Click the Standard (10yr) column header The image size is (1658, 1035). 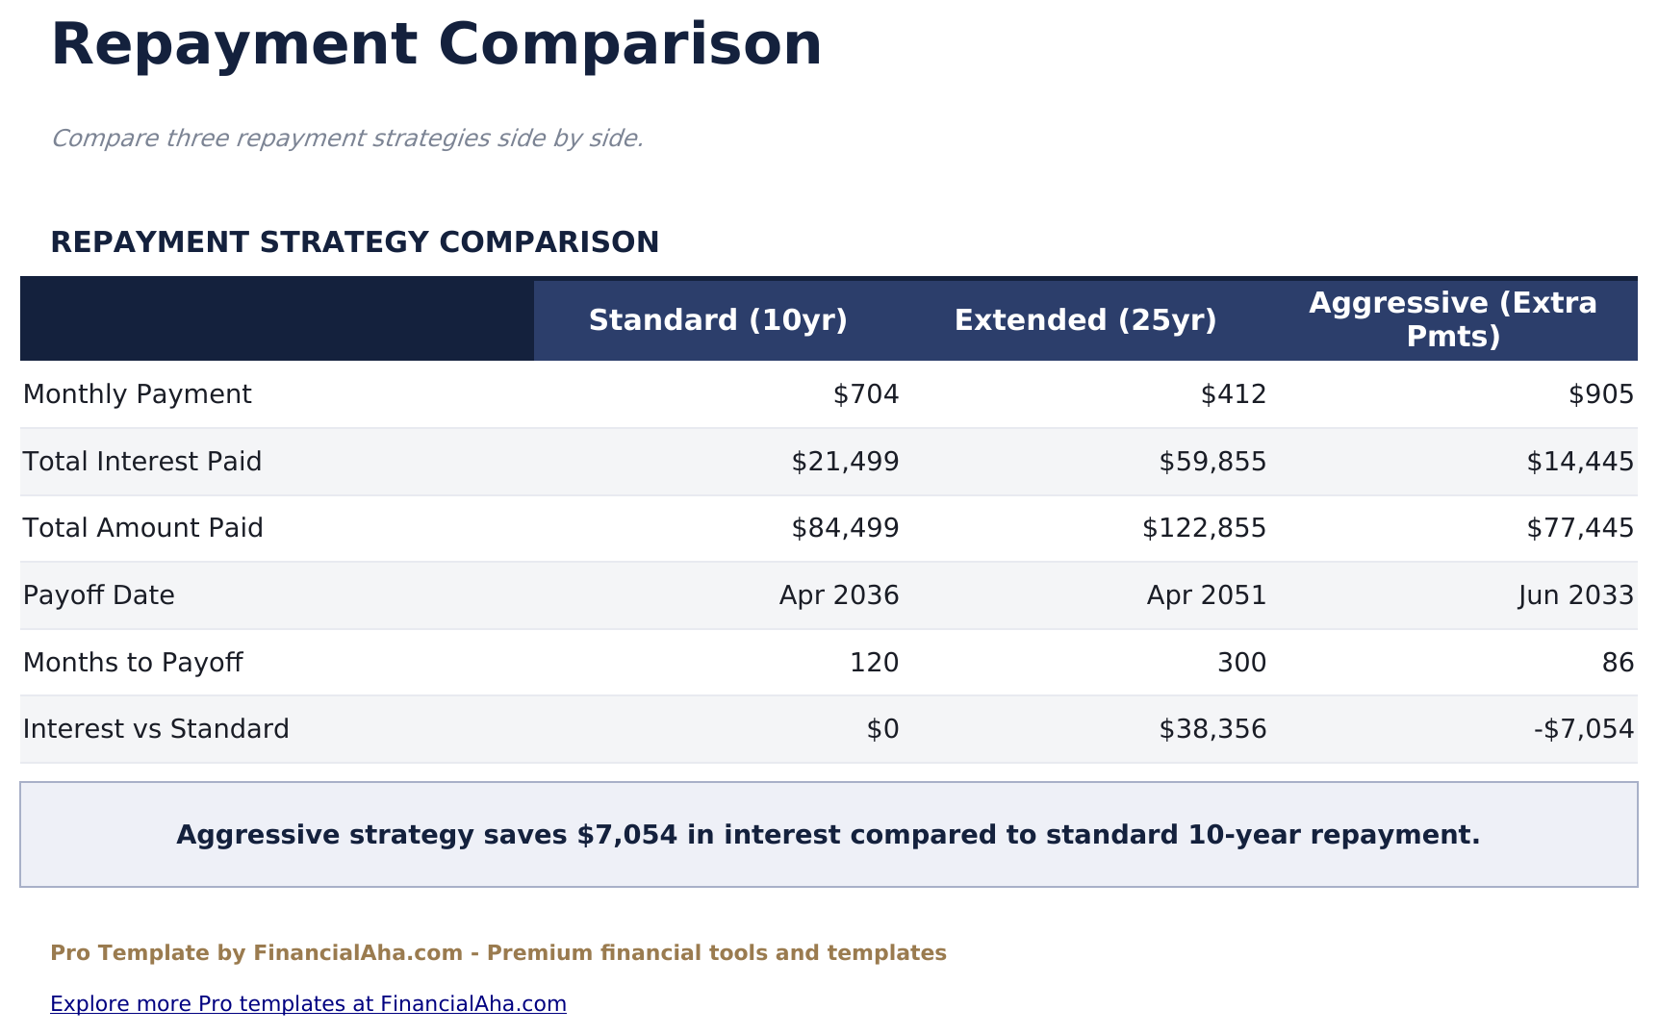point(718,320)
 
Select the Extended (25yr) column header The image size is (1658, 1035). point(1085,320)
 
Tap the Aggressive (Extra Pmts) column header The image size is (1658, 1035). point(1453,320)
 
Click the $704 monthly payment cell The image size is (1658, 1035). point(866,394)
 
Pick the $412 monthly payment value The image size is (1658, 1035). point(1234,394)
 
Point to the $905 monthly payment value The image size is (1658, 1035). point(1601,394)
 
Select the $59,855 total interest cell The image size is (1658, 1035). point(1212,462)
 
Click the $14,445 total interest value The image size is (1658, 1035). point(1580,462)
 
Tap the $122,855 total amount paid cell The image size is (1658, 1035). point(1204,528)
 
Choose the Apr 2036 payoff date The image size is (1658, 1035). point(839,595)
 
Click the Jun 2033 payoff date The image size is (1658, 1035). point(1576,595)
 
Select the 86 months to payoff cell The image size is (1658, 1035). point(1619,663)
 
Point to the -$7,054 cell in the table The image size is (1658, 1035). point(1584,729)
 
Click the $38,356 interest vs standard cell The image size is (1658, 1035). point(1212,729)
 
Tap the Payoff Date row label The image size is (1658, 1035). point(99,595)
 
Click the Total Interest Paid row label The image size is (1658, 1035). point(142,462)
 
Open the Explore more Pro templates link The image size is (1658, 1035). point(308,1004)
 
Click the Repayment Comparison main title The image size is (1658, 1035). point(436,45)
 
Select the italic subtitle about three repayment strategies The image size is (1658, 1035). point(346,139)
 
